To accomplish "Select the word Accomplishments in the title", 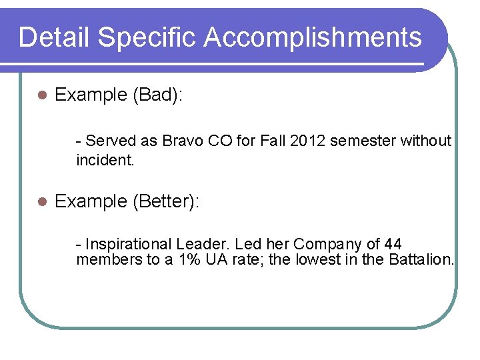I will point(313,37).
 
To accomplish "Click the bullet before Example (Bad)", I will point(41,95).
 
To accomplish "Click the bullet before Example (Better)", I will point(41,201).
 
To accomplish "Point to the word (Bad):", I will point(158,95).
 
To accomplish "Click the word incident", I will point(105,160).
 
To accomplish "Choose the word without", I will point(426,141).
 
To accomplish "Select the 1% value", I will point(187,259).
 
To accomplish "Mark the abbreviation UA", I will point(211,259).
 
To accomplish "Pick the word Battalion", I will point(417,259).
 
